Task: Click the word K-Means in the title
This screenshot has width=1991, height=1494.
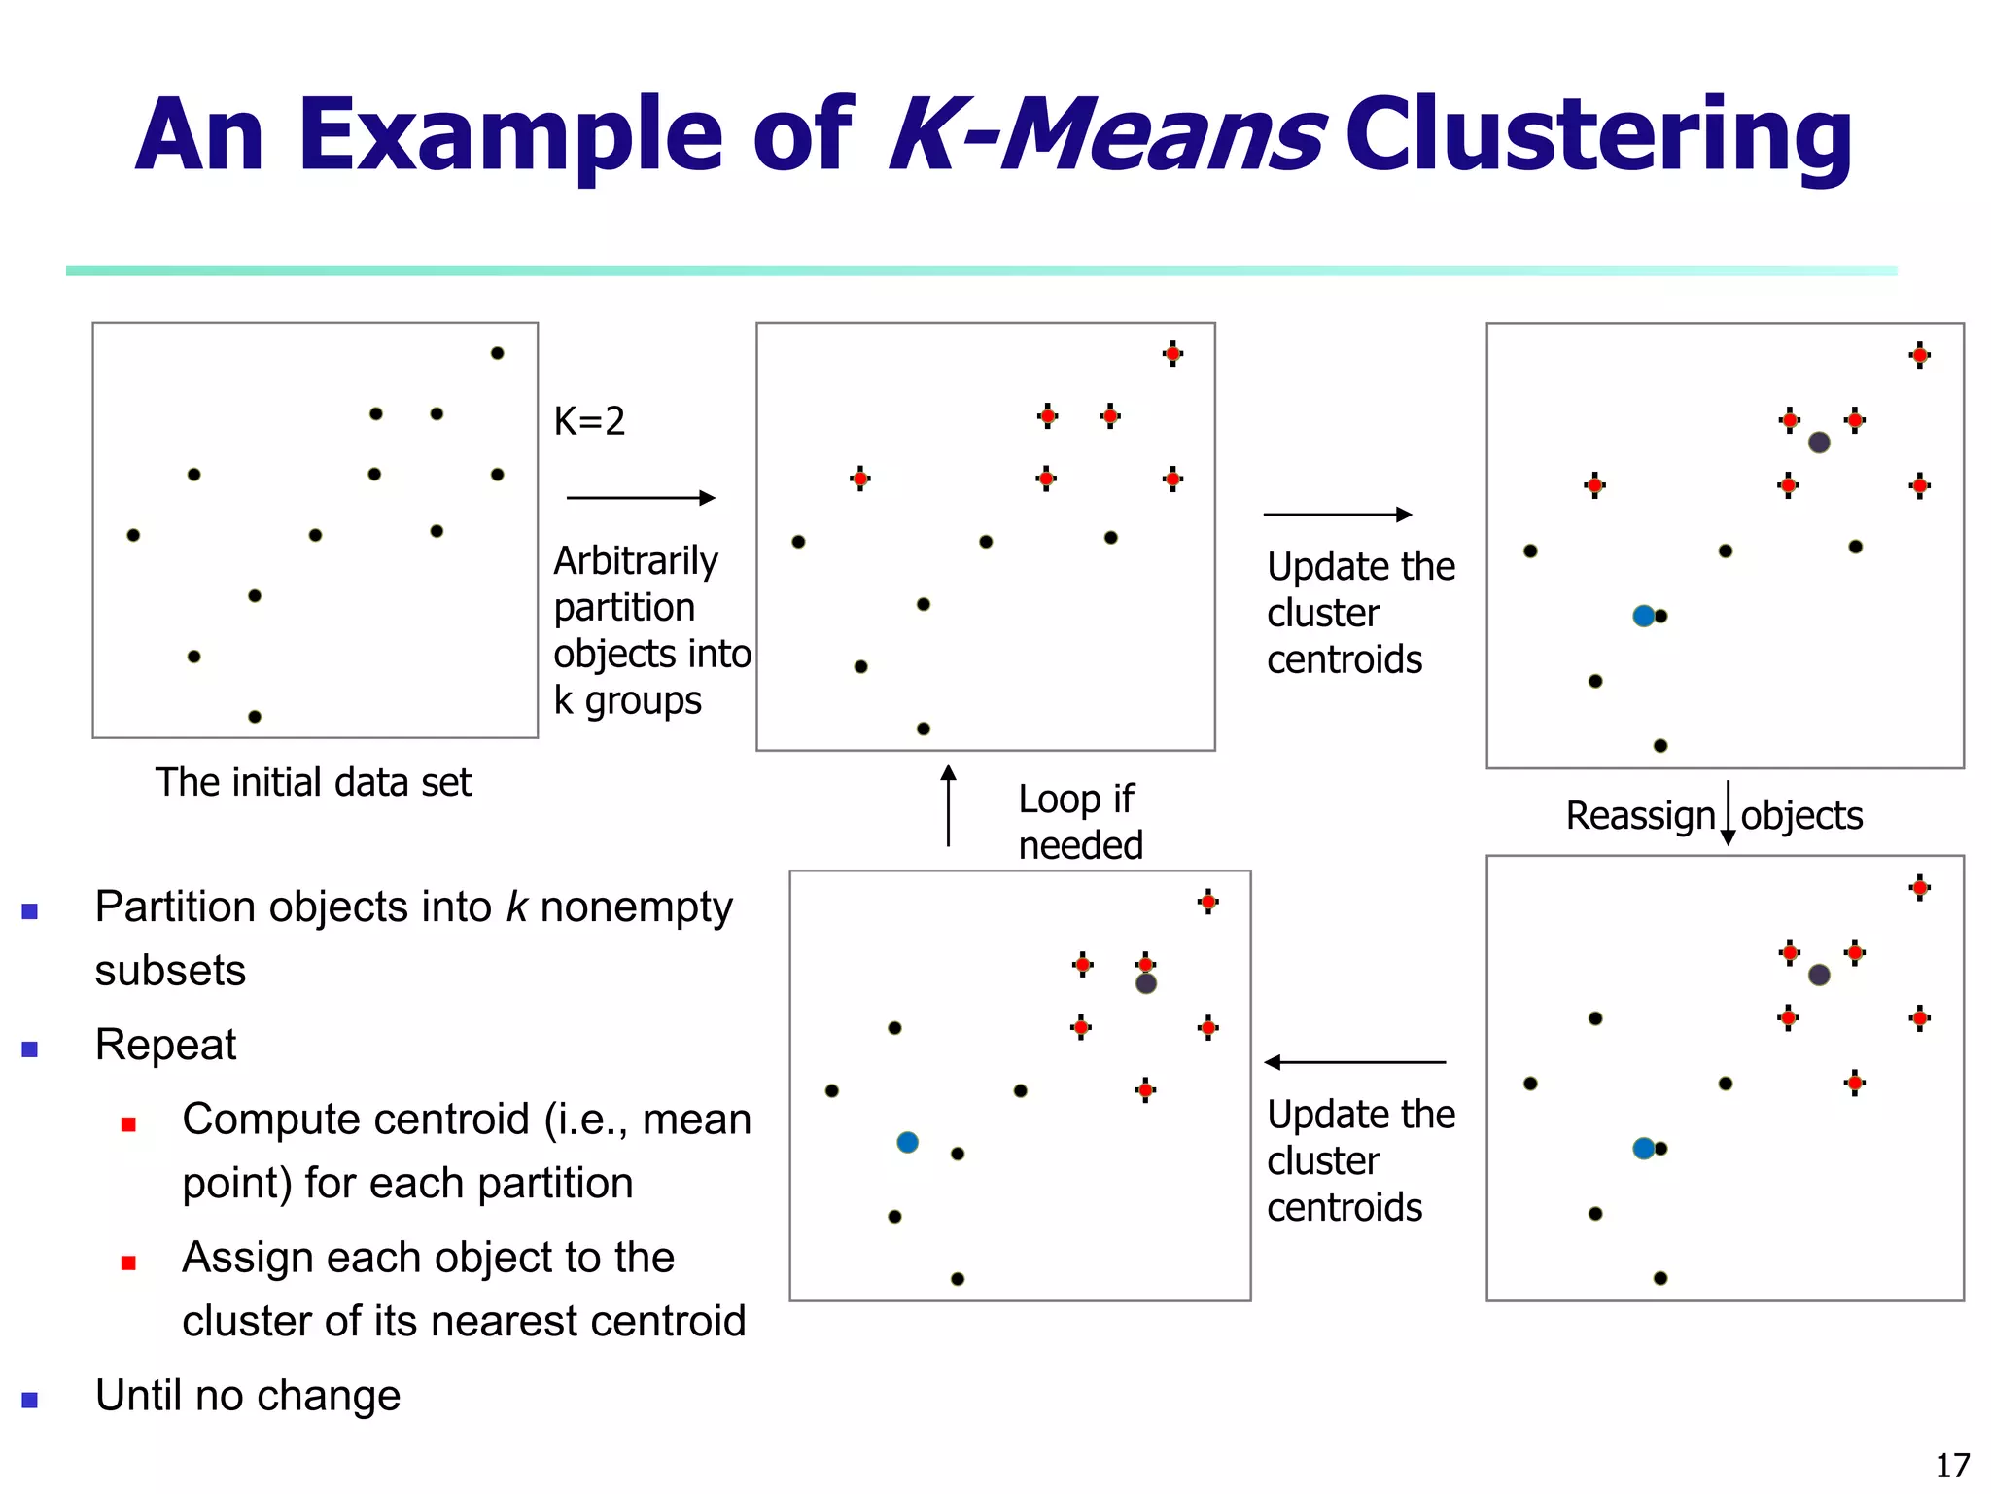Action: [1106, 136]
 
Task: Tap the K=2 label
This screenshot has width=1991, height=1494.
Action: [589, 421]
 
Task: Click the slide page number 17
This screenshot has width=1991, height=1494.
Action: [1952, 1465]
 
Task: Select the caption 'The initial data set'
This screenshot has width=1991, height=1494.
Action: [313, 783]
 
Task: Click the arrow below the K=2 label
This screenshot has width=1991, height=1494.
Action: [640, 498]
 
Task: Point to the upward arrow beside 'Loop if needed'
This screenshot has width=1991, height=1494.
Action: [948, 805]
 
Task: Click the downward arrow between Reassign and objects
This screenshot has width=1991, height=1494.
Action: [1728, 813]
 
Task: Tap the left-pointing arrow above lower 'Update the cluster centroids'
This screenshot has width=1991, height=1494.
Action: [1354, 1062]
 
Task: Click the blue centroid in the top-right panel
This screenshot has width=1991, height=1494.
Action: [1643, 616]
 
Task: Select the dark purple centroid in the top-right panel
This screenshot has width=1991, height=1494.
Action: [1819, 443]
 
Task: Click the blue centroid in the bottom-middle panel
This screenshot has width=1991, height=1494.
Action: [907, 1142]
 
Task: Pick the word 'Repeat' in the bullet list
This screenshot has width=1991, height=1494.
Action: [165, 1045]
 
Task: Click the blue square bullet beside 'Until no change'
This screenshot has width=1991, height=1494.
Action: [30, 1400]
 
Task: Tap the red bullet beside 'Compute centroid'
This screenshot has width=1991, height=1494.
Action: [128, 1124]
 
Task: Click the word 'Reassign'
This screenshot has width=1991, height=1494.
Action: [1640, 815]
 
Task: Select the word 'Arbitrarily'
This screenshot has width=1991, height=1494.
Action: [636, 561]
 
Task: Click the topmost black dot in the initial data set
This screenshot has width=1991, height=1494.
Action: [497, 353]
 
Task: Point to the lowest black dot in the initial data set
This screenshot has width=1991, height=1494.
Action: [255, 717]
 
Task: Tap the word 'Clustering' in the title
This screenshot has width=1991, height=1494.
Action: [1598, 136]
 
